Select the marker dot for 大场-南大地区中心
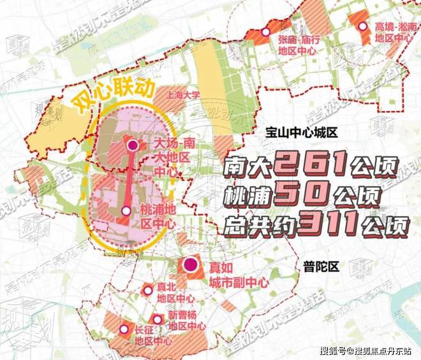coord(133,146)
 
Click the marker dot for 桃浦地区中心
coord(126,210)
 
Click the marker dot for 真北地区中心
coord(148,291)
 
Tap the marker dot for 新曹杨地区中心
coord(157,319)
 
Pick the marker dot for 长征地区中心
coord(123,329)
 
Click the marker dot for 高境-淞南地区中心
coord(363,27)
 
